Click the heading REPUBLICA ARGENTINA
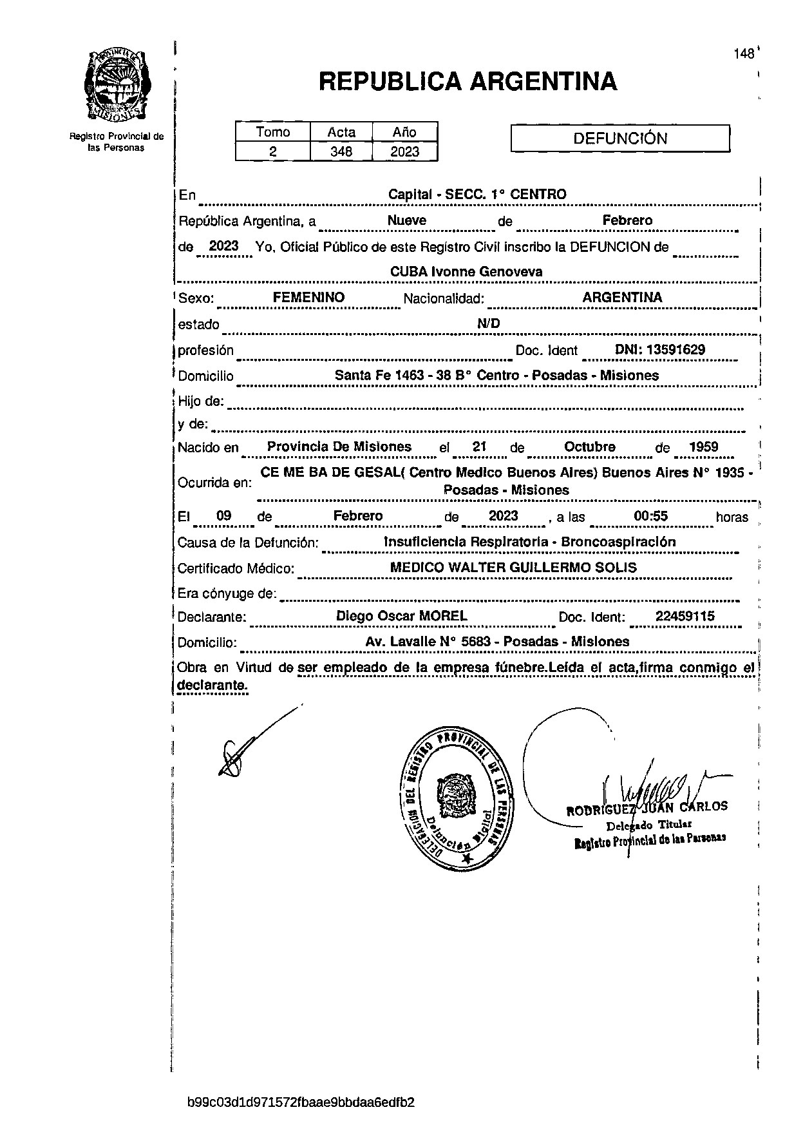468,82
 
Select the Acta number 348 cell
341,151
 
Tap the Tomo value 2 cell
272,151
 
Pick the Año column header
404,132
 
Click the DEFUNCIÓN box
619,139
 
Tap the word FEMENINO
308,298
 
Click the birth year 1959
703,447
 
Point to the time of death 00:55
651,516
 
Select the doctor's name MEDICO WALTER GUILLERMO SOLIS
513,568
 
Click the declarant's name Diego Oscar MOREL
402,616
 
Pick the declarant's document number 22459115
685,616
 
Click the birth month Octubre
589,447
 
